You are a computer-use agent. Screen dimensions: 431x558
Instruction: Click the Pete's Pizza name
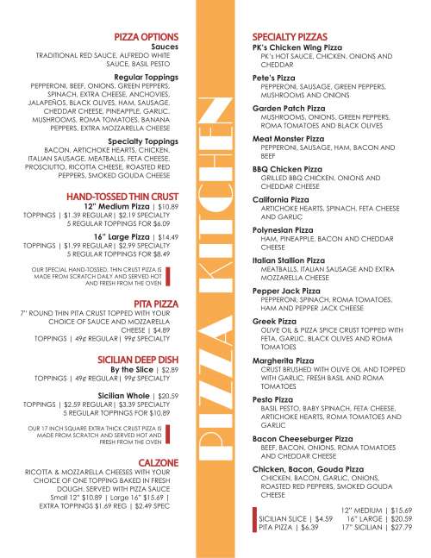[x=275, y=78]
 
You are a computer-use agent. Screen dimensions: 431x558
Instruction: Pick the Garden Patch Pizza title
[x=292, y=108]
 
